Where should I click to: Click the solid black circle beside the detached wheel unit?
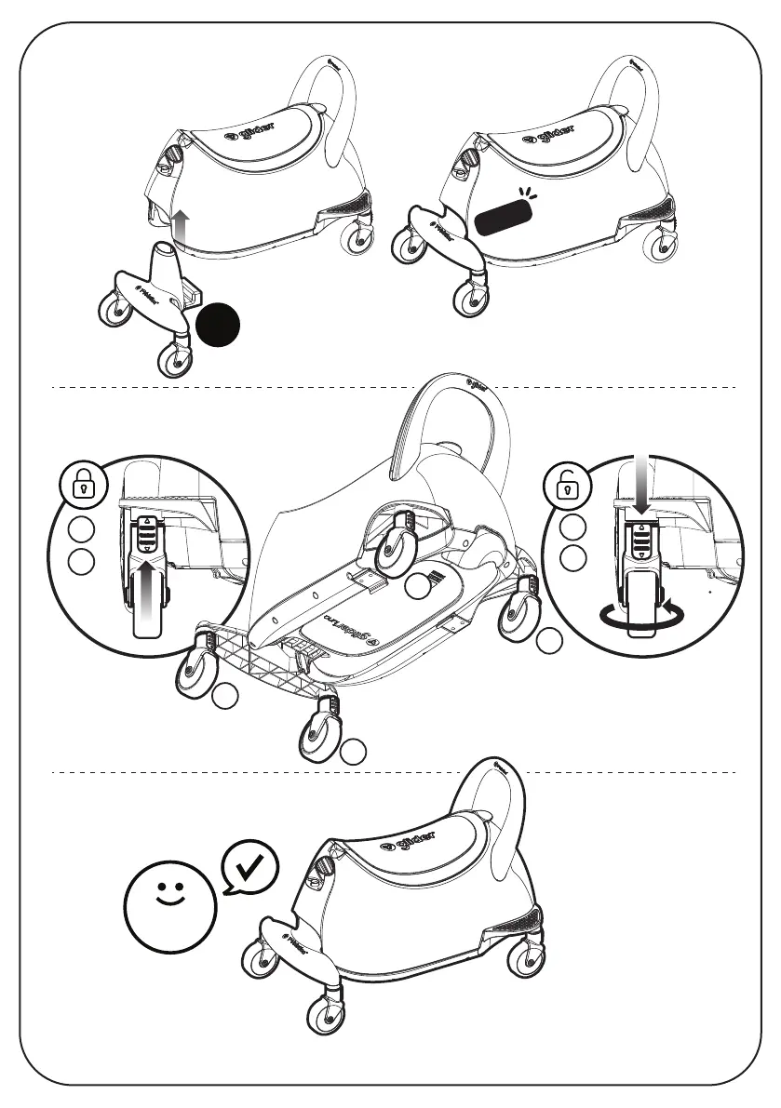(220, 325)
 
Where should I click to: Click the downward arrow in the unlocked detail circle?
(641, 488)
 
